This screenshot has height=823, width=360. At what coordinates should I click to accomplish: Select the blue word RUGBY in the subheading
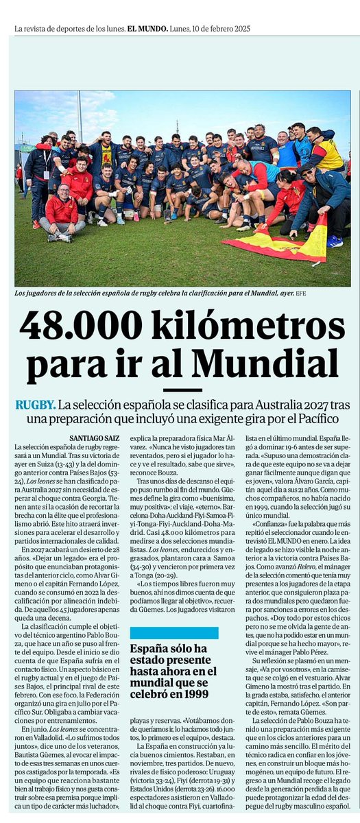(35, 405)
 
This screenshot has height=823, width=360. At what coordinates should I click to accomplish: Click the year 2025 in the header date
(238, 29)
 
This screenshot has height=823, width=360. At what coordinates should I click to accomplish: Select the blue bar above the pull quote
(174, 633)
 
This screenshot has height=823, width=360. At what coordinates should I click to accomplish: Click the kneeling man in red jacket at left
(62, 213)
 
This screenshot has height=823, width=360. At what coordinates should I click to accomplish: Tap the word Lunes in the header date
(182, 29)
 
